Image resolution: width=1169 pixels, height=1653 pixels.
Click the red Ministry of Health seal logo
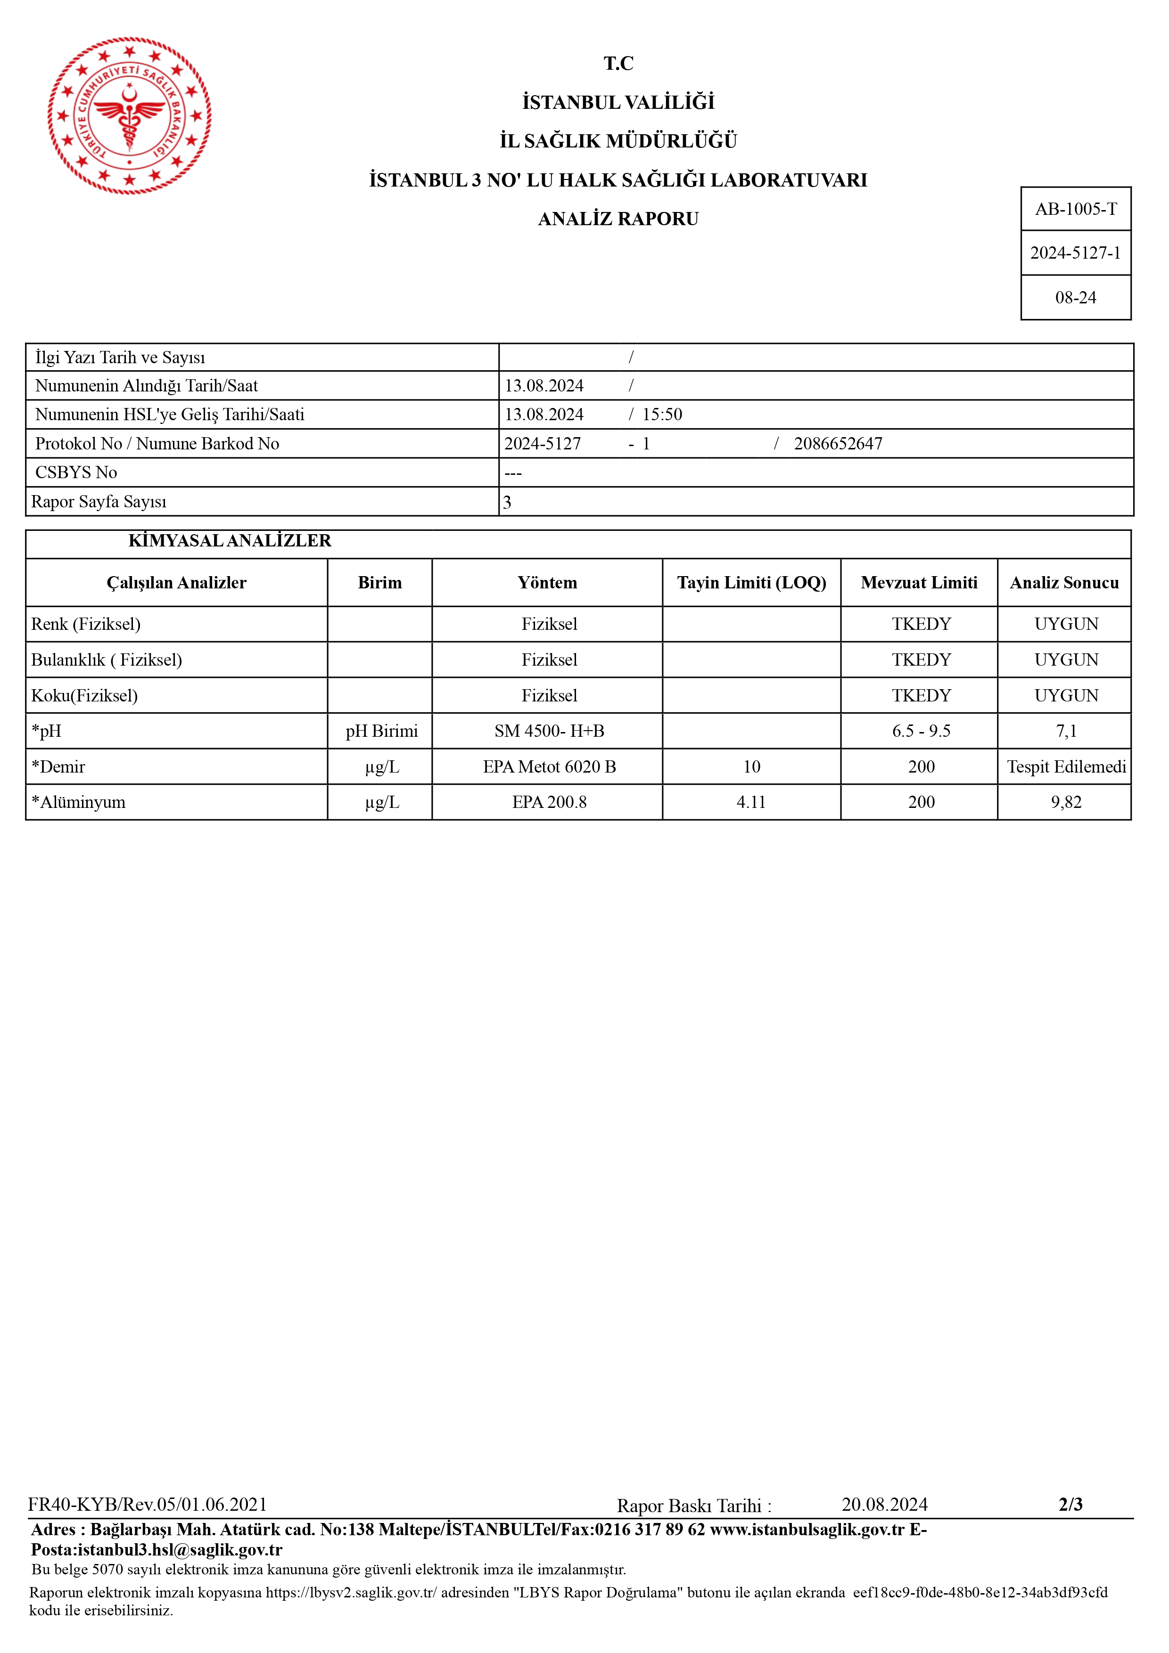[x=130, y=116]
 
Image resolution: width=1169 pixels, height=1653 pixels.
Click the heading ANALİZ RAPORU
[x=618, y=219]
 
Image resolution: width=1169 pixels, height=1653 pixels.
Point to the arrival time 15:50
[x=662, y=415]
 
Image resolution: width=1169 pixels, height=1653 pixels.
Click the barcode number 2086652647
[x=838, y=443]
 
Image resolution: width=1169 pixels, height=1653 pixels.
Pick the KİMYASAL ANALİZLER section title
[x=230, y=541]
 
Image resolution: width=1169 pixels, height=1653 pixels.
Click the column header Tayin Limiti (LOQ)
[x=751, y=582]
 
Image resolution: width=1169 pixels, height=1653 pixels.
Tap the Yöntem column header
[x=547, y=582]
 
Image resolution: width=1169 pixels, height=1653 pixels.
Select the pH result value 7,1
[x=1066, y=732]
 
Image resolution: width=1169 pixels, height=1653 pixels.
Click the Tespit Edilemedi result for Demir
[x=1066, y=767]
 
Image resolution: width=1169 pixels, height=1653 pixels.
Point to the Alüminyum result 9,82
[x=1066, y=802]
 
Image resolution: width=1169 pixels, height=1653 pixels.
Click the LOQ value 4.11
[x=751, y=802]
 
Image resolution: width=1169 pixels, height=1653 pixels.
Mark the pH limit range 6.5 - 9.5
[x=921, y=732]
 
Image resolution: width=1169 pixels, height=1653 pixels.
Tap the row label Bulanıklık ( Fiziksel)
[x=107, y=660]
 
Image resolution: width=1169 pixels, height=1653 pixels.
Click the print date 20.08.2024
[x=884, y=1505]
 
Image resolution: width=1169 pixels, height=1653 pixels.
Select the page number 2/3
[x=1070, y=1504]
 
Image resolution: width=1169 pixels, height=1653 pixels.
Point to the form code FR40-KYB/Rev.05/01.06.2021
[x=148, y=1505]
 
